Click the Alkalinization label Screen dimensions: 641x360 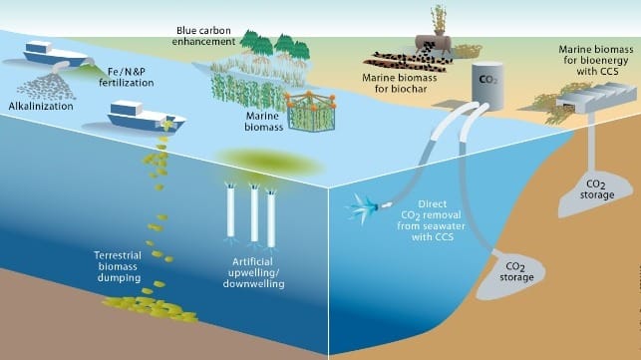point(41,107)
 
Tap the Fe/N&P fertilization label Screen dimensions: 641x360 point(127,78)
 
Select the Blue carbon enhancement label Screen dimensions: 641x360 point(203,36)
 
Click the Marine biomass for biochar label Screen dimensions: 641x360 point(400,83)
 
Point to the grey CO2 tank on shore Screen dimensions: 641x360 point(487,86)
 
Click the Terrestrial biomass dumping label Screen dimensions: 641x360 point(119,266)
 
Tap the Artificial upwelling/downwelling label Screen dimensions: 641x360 point(254,273)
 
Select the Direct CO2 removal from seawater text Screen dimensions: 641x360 point(432,214)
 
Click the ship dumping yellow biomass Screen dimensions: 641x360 point(146,117)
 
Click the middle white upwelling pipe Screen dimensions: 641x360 point(254,213)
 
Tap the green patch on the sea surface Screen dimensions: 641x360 point(270,162)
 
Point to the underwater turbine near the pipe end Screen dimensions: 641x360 point(362,207)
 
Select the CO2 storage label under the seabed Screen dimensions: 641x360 point(516,272)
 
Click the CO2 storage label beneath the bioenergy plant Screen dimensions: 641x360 point(596,189)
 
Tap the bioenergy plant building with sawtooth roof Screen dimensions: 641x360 point(596,97)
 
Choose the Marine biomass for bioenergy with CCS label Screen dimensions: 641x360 point(596,60)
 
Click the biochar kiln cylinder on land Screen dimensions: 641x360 point(434,43)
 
